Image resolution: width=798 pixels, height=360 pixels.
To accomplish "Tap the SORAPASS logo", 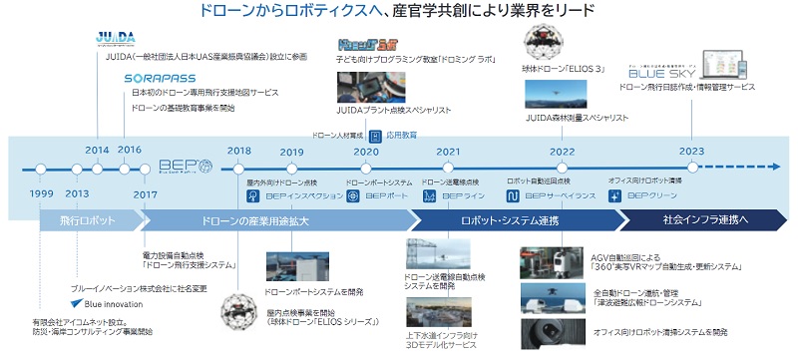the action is tap(161, 77).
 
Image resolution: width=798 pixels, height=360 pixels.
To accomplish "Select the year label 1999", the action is tap(41, 192).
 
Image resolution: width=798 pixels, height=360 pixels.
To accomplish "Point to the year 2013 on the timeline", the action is tap(78, 192).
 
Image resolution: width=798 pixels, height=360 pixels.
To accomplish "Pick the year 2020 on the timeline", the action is tap(366, 152).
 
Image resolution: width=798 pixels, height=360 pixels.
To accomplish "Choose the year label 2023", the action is tap(691, 151).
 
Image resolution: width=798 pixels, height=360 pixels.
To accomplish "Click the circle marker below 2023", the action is tap(690, 167).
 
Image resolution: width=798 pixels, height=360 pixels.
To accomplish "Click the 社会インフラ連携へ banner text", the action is tap(704, 219).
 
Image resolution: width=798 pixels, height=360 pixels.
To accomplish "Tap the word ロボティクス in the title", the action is tap(320, 13).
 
